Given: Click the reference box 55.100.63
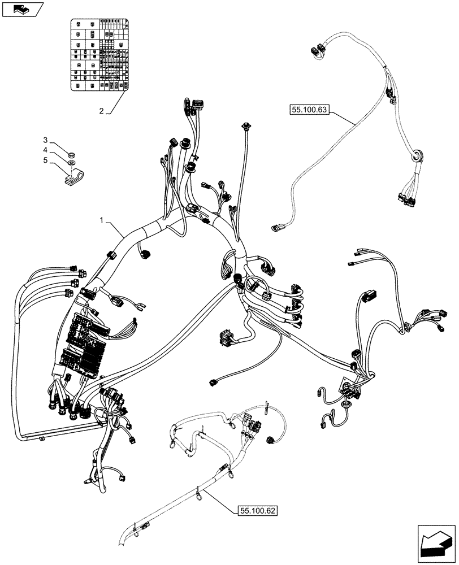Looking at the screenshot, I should click(310, 110).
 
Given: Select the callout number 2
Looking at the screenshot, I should click(102, 111).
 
